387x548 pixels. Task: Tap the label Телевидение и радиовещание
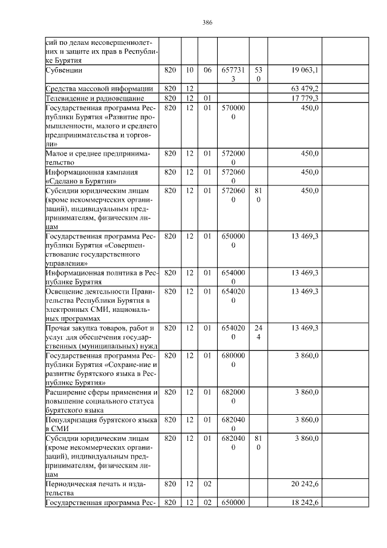click(x=94, y=97)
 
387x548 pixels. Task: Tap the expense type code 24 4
click(x=258, y=332)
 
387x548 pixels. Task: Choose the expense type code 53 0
click(x=258, y=74)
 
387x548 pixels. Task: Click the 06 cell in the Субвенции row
click(x=207, y=70)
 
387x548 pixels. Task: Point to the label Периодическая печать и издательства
click(x=97, y=489)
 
